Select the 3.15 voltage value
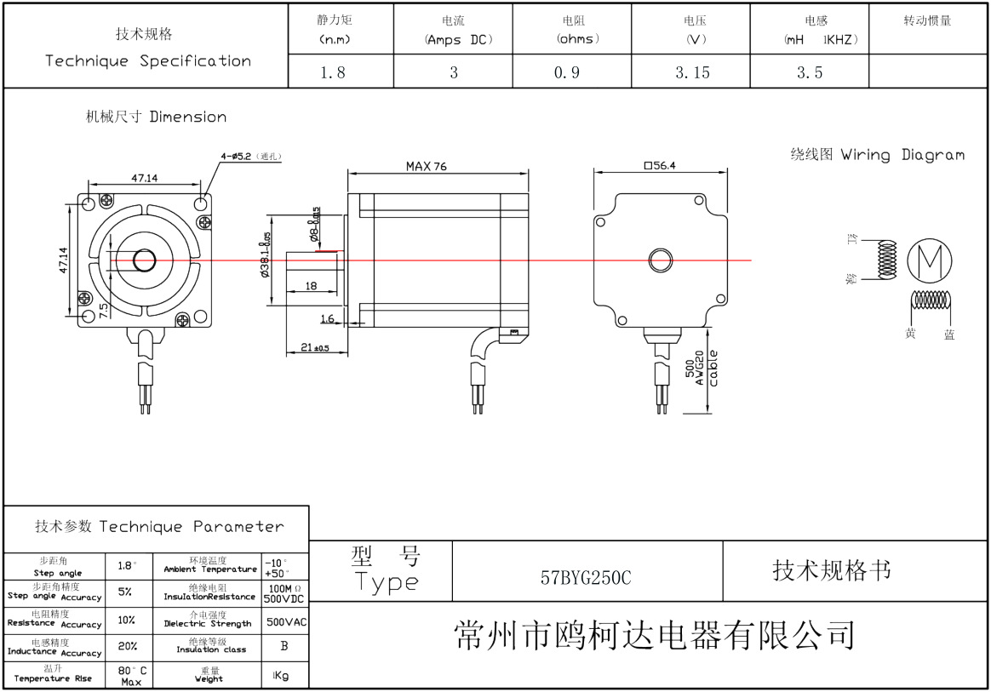click(692, 73)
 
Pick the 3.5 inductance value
click(810, 73)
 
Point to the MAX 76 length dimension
click(426, 167)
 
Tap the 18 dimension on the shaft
click(311, 286)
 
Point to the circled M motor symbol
click(930, 259)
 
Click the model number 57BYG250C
click(586, 577)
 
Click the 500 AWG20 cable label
click(702, 369)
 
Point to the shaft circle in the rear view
click(660, 259)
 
